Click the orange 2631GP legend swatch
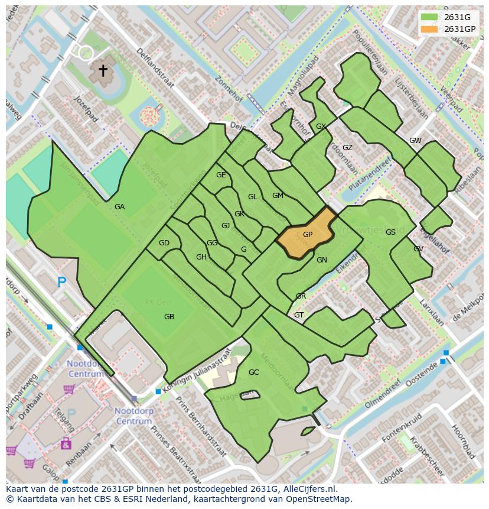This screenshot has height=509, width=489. (x=430, y=29)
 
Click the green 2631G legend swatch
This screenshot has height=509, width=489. (x=430, y=17)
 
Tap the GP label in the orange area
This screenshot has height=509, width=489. (x=308, y=235)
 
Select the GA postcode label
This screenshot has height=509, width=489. (x=120, y=207)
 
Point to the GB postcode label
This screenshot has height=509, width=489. (x=169, y=317)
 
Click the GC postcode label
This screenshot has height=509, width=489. (x=254, y=372)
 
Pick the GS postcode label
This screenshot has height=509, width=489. (x=390, y=232)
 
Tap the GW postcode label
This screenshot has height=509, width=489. (x=415, y=141)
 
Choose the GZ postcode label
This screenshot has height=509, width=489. (x=347, y=148)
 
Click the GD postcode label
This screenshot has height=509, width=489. (x=164, y=243)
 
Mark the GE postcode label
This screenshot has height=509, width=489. (x=221, y=175)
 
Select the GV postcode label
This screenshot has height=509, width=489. (x=418, y=249)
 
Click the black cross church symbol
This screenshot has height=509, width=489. (x=103, y=71)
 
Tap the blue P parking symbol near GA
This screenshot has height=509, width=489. (x=62, y=283)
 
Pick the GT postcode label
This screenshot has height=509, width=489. (x=299, y=315)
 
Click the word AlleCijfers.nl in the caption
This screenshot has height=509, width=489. (x=308, y=489)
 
